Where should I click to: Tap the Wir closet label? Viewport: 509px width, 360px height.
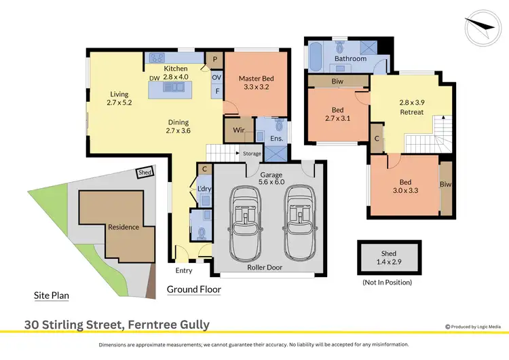coord(238,129)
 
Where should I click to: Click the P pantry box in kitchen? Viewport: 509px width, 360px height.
coord(214,59)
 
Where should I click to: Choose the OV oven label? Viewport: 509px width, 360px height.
coord(216,76)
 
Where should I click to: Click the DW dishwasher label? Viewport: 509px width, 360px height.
coord(154,78)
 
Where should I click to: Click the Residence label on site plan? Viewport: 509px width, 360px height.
coord(123,227)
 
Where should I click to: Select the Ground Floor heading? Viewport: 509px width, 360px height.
coord(193,289)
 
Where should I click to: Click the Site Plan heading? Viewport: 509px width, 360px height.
coord(52,295)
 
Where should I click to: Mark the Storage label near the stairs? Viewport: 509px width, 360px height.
coord(252,154)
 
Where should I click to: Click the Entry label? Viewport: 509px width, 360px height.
coord(183,270)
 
